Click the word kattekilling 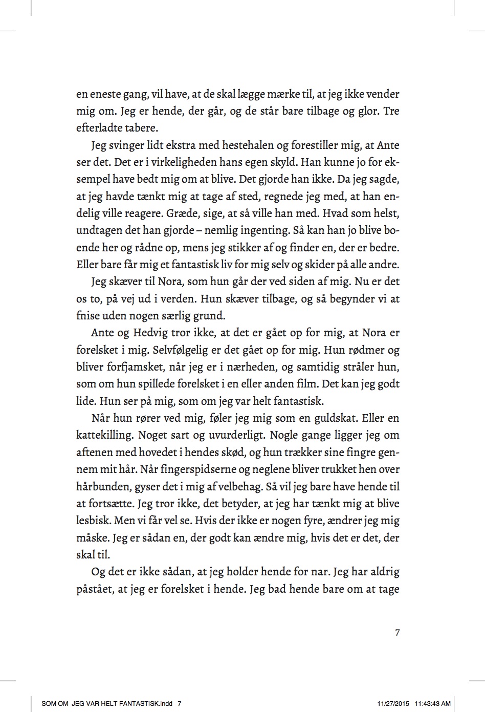pos(104,435)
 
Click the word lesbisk pos(94,521)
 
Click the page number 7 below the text pos(398,633)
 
